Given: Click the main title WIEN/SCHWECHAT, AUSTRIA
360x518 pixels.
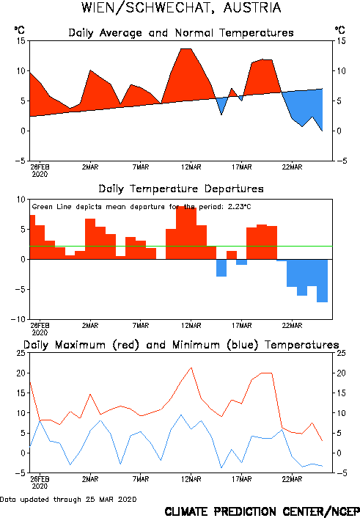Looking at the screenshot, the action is [x=181, y=7].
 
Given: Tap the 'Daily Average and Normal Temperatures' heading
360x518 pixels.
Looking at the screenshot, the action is [x=181, y=33].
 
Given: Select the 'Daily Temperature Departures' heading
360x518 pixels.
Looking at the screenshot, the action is [x=181, y=189].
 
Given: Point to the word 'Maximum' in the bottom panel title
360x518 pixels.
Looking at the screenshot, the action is [x=80, y=345].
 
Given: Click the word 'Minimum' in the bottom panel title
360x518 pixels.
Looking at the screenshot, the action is [x=196, y=345].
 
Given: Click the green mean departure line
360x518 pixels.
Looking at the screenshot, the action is [x=181, y=246].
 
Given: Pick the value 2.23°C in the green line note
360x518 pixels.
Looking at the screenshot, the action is [x=240, y=207].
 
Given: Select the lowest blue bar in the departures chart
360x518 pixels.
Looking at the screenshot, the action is [x=322, y=281].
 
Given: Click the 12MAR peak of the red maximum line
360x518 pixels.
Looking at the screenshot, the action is [x=191, y=368].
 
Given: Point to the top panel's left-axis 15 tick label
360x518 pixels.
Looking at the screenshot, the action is [x=21, y=41].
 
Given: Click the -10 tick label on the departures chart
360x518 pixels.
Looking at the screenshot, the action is [x=18, y=319].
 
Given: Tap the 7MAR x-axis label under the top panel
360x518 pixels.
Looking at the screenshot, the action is [x=141, y=167].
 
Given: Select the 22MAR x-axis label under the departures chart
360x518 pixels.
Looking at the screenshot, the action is [x=292, y=326].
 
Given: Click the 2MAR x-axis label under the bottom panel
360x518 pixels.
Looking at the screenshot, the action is [x=90, y=479].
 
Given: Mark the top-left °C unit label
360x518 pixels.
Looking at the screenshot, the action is [x=20, y=30].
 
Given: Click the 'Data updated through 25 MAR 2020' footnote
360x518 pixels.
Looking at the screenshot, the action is [x=68, y=500].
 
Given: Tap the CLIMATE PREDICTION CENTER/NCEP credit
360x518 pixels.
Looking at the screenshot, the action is [x=262, y=511].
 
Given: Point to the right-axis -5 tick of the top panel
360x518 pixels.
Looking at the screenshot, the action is [x=342, y=161].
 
